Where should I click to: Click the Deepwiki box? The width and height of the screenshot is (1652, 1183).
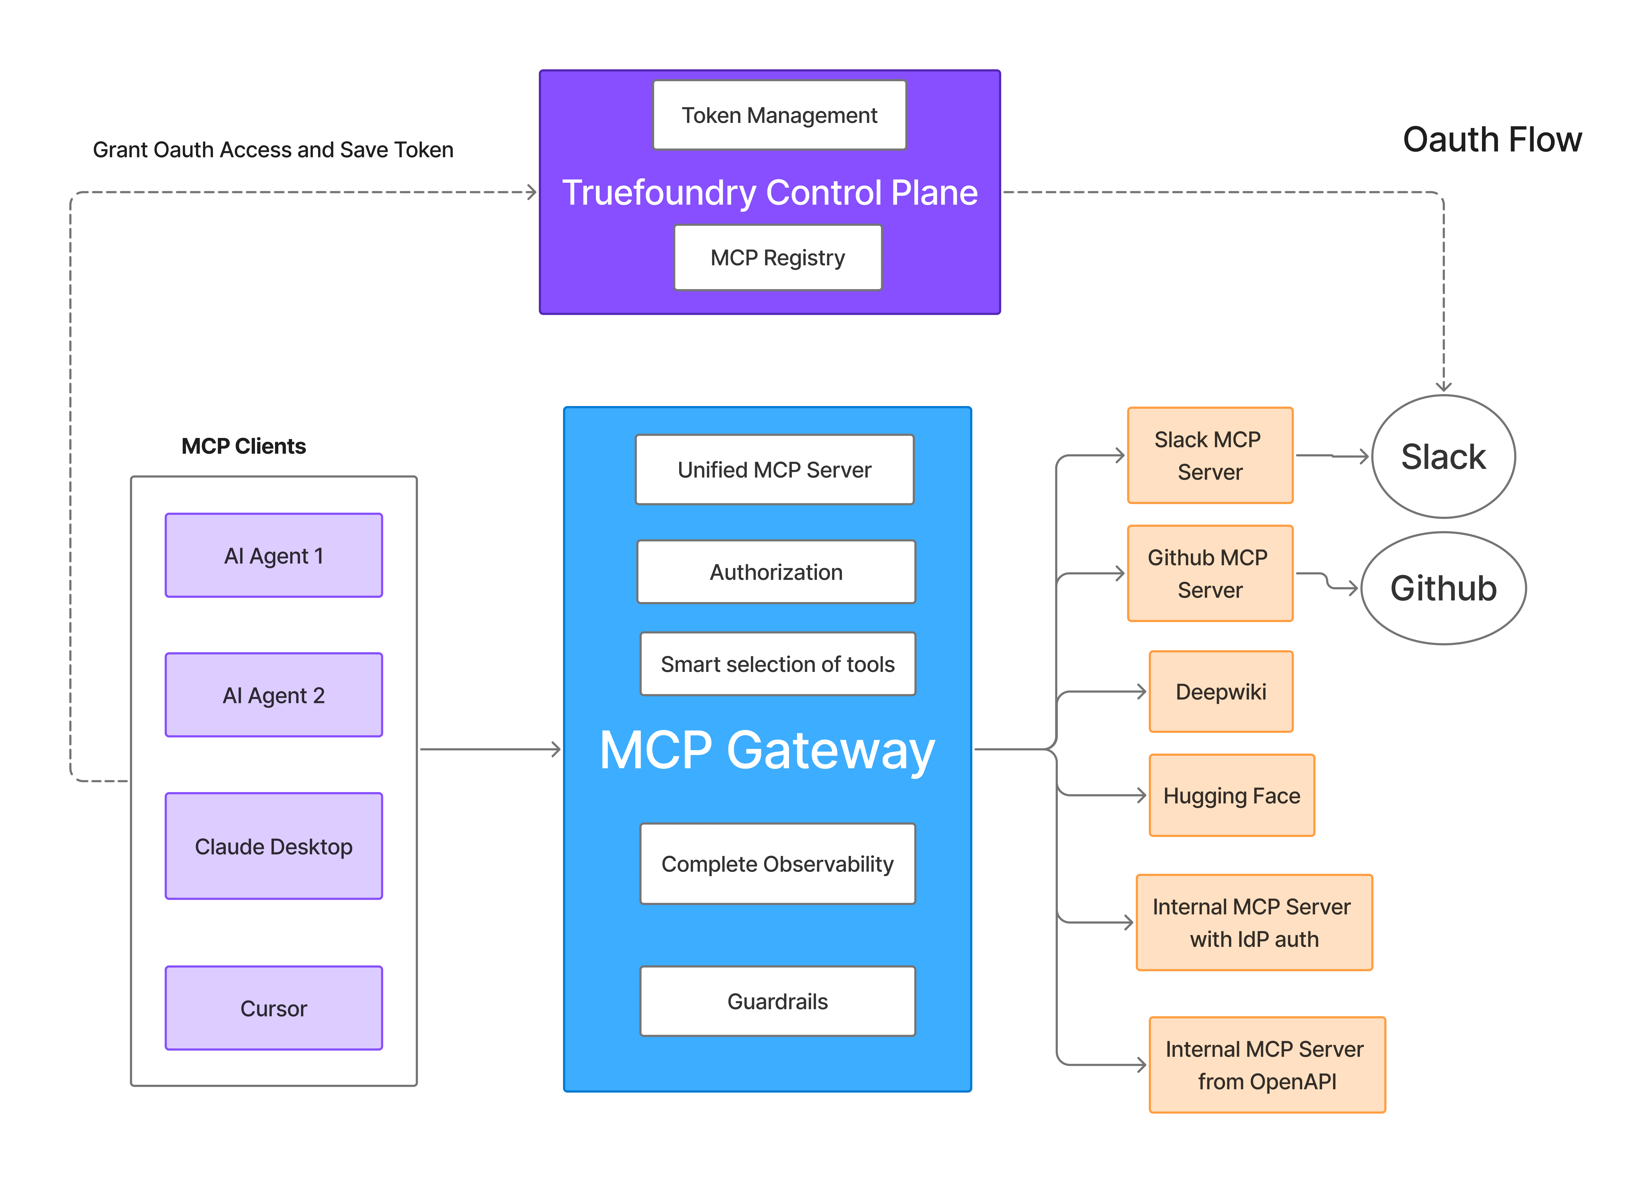point(1221,691)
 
